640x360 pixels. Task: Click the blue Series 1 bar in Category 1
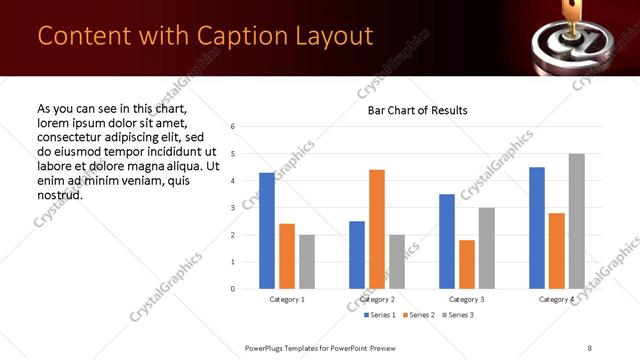tap(267, 231)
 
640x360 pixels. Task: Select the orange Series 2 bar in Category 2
tap(377, 229)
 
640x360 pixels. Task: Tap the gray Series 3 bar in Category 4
tap(576, 221)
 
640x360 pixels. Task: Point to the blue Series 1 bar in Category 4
tap(537, 228)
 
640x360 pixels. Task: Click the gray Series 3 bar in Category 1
tap(306, 262)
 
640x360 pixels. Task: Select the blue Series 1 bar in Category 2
tap(357, 255)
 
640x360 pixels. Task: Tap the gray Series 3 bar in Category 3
tap(486, 248)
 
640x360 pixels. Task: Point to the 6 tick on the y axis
tap(232, 127)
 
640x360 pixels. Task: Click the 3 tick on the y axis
tap(232, 208)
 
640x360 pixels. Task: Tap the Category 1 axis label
tap(287, 299)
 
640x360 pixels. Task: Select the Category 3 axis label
tap(467, 299)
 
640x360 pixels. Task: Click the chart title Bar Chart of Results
tap(412, 109)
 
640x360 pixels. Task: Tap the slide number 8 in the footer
tap(588, 347)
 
